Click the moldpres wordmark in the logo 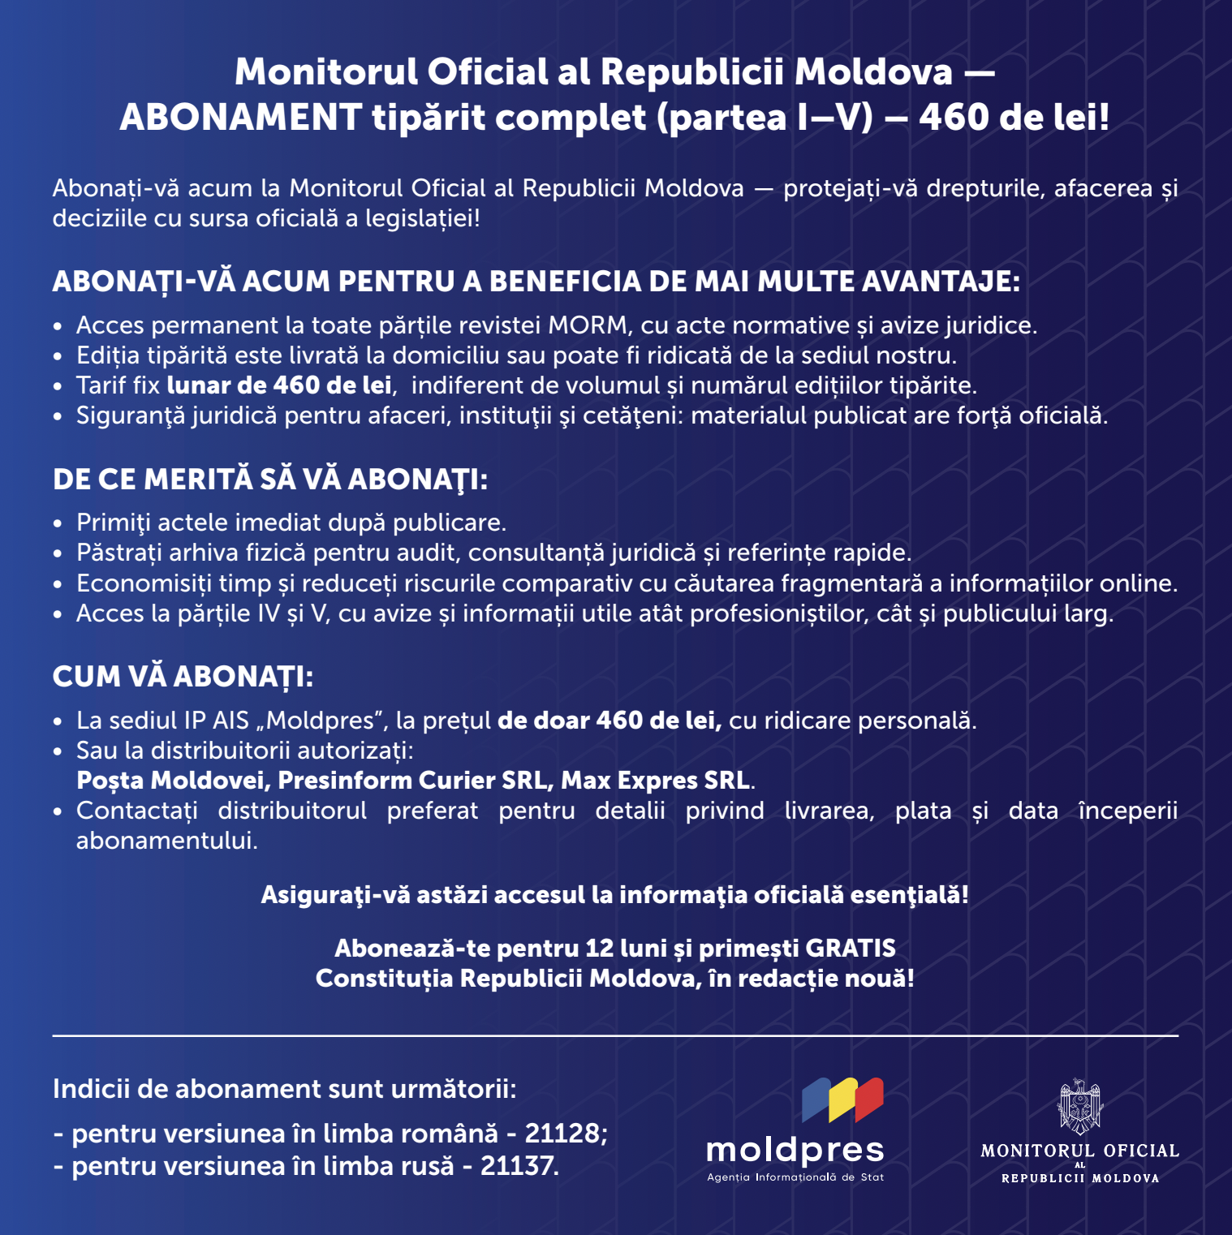pyautogui.click(x=795, y=1151)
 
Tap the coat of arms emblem pyautogui.click(x=1080, y=1105)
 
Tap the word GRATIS pyautogui.click(x=851, y=948)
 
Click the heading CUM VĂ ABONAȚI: pyautogui.click(x=183, y=677)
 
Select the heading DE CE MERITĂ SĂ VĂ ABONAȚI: pyautogui.click(x=270, y=480)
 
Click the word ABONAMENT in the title pyautogui.click(x=240, y=118)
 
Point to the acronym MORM pyautogui.click(x=588, y=325)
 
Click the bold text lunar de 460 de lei pyautogui.click(x=279, y=385)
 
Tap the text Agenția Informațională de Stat pyautogui.click(x=795, y=1177)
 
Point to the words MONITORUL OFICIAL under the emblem pyautogui.click(x=1079, y=1151)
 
